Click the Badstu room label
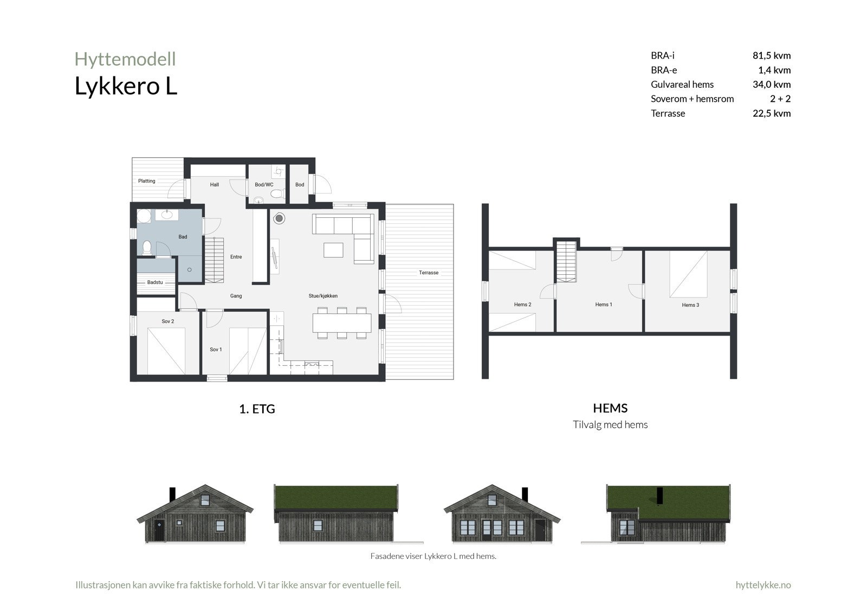click(x=155, y=282)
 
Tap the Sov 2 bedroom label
click(x=168, y=321)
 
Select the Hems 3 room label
click(x=690, y=305)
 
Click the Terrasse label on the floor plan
click(x=429, y=273)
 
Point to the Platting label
click(x=147, y=181)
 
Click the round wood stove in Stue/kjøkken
click(x=280, y=218)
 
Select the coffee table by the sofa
click(x=333, y=250)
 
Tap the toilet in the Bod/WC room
click(x=277, y=193)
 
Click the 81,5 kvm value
click(x=771, y=55)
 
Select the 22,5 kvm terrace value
click(x=771, y=113)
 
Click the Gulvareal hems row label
click(x=682, y=85)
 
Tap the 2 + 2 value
click(x=780, y=99)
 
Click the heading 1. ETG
click(x=257, y=409)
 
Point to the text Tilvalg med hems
click(x=610, y=425)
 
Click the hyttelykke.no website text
click(x=763, y=585)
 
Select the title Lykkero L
click(x=126, y=87)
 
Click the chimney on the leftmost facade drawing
click(x=172, y=494)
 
